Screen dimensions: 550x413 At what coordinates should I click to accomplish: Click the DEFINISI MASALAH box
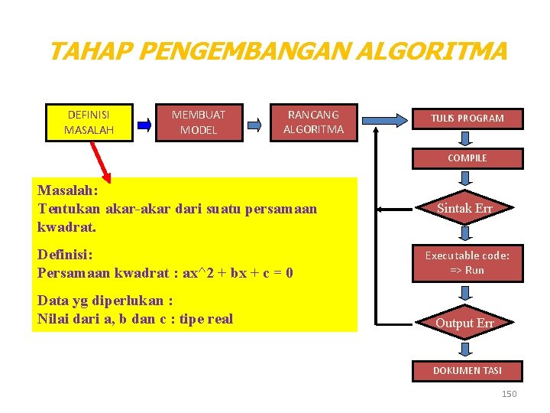(x=89, y=122)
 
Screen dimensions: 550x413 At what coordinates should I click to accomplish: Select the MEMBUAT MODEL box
(x=199, y=122)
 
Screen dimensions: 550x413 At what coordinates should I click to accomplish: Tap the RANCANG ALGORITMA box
(x=313, y=122)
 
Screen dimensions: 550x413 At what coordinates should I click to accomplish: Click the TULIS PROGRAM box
(x=467, y=119)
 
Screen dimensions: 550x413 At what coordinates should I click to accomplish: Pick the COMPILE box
(x=467, y=158)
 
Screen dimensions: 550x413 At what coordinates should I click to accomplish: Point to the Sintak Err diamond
(x=464, y=208)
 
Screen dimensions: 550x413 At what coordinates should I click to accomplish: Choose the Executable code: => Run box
(x=467, y=262)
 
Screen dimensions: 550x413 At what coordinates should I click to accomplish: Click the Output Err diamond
(x=464, y=323)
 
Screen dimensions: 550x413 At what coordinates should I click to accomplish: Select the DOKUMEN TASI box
(x=467, y=370)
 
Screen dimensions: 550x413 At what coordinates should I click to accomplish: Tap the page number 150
(x=509, y=394)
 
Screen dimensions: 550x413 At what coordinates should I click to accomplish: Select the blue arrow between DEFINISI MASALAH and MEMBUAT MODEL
(x=144, y=122)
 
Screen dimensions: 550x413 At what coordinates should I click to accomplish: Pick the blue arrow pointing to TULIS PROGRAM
(x=386, y=119)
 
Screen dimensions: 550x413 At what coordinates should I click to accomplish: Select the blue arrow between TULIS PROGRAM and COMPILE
(x=467, y=138)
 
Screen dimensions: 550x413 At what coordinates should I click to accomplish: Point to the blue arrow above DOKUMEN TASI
(x=467, y=349)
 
